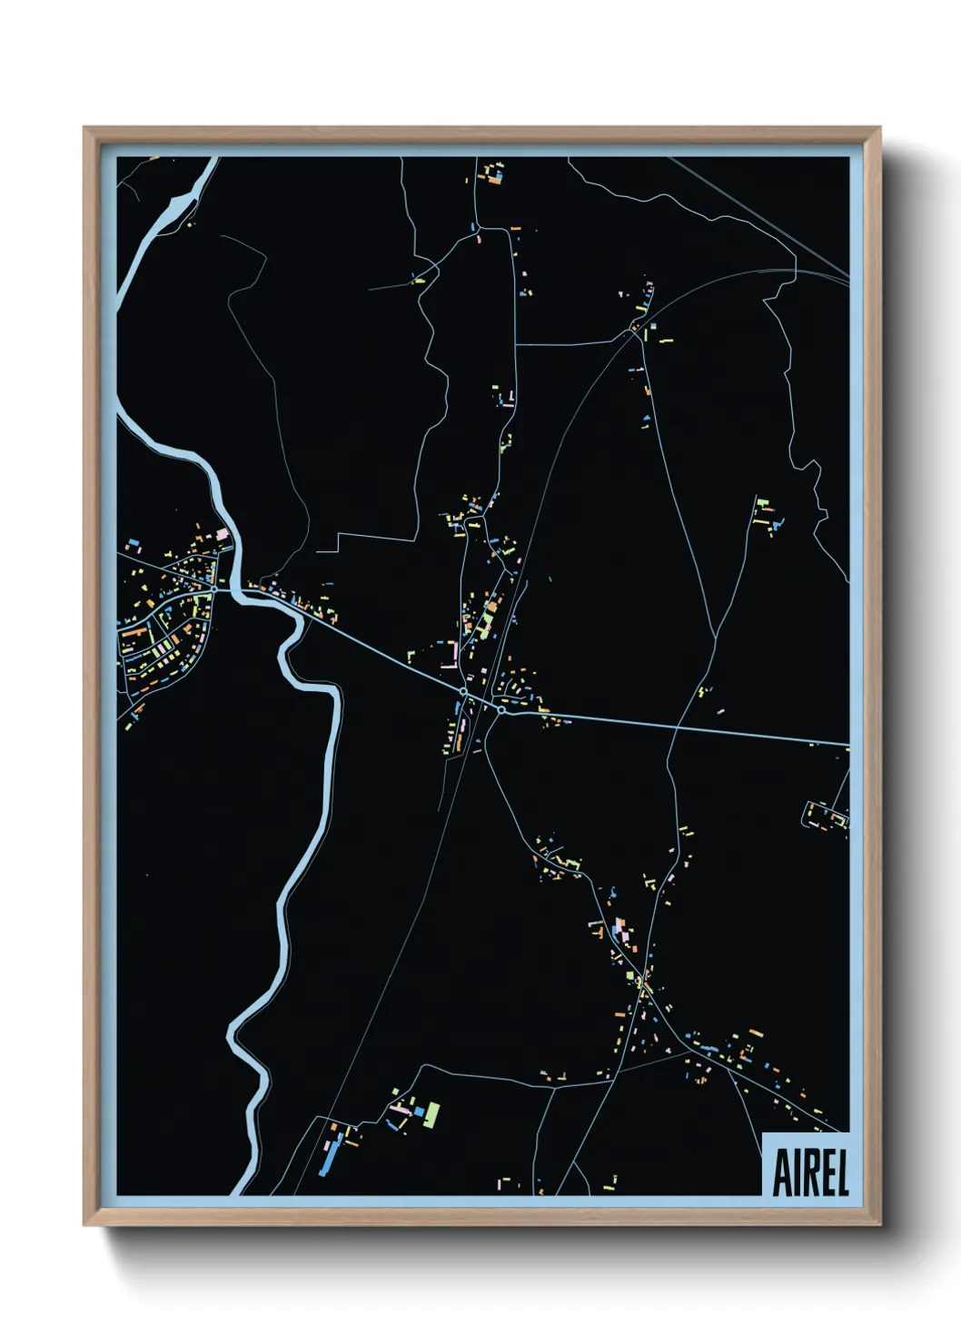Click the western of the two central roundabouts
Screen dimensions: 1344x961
click(463, 692)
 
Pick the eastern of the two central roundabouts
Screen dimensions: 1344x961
click(500, 710)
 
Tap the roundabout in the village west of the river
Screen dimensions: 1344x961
click(213, 590)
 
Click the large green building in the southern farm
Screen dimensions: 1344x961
click(431, 1113)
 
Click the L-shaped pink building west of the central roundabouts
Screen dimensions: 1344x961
click(449, 660)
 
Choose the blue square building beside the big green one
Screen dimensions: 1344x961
click(420, 1110)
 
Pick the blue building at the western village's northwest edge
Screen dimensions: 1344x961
click(134, 543)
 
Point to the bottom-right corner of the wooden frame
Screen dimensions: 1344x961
click(878, 1223)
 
